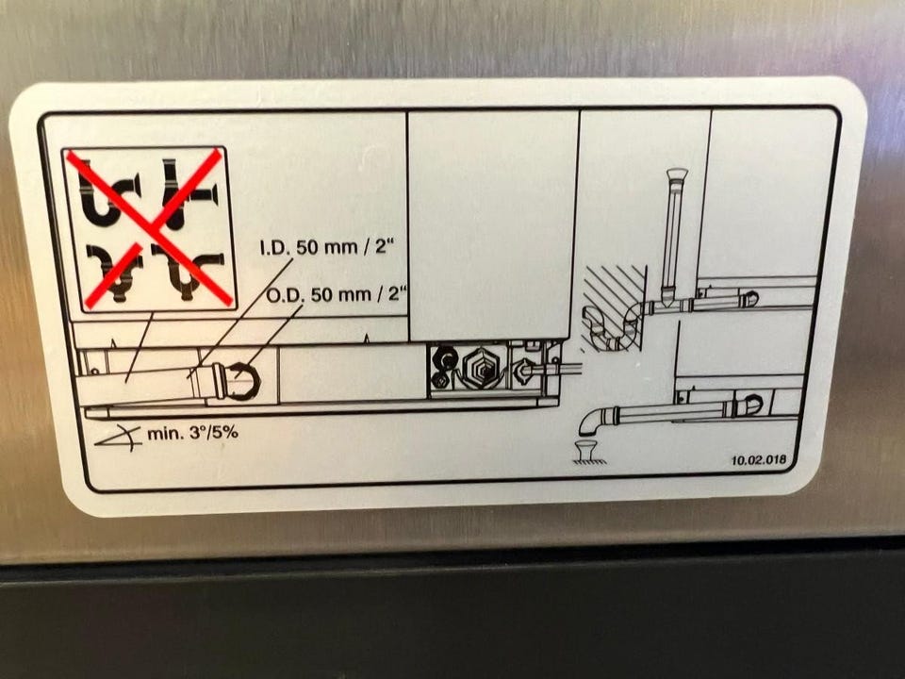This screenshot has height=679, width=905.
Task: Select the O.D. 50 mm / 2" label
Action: click(x=337, y=294)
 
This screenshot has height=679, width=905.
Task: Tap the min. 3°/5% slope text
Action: click(x=192, y=433)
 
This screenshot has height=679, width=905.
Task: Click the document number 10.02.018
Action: click(x=759, y=461)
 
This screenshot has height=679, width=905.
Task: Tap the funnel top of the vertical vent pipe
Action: click(x=677, y=174)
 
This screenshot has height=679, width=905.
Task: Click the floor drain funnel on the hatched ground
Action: click(x=587, y=450)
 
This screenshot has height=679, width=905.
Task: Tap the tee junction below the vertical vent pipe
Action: click(x=669, y=302)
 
